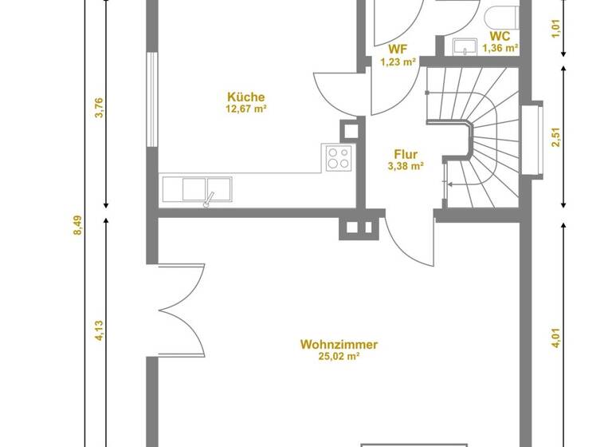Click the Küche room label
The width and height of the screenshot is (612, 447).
pyautogui.click(x=245, y=97)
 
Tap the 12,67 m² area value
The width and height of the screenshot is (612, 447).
pyautogui.click(x=245, y=109)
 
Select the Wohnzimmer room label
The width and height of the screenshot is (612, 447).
pyautogui.click(x=339, y=345)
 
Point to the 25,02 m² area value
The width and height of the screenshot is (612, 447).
pyautogui.click(x=339, y=357)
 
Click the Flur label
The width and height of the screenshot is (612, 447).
pyautogui.click(x=405, y=155)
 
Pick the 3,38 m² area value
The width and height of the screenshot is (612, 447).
pyautogui.click(x=405, y=167)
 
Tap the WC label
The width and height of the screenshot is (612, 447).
pyautogui.click(x=500, y=36)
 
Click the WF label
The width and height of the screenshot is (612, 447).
pyautogui.click(x=398, y=49)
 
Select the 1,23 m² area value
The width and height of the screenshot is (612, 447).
pyautogui.click(x=398, y=61)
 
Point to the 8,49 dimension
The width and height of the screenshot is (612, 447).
pyautogui.click(x=78, y=226)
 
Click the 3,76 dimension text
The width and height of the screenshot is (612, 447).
pyautogui.click(x=100, y=108)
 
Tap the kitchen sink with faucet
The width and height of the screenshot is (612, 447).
pyautogui.click(x=196, y=190)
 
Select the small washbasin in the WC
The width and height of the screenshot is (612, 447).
pyautogui.click(x=462, y=47)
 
